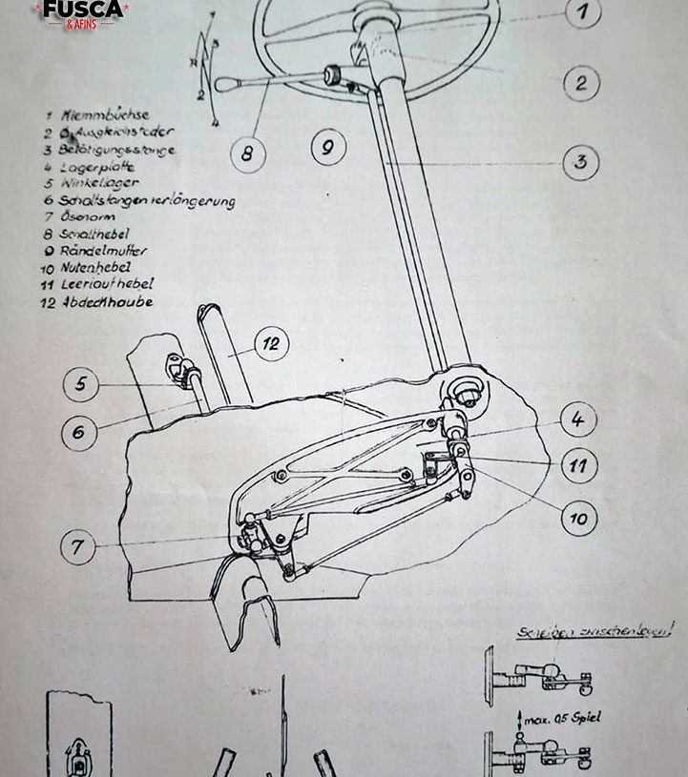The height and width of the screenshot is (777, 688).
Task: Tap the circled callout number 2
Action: (x=581, y=82)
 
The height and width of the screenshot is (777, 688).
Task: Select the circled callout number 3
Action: (x=580, y=161)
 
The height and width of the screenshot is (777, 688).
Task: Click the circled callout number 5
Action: (x=81, y=384)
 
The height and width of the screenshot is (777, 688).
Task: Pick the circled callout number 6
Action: (x=79, y=432)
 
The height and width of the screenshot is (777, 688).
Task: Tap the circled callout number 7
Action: (x=77, y=546)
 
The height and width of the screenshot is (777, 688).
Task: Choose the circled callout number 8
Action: (x=247, y=154)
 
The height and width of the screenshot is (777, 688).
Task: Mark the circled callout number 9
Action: (x=327, y=148)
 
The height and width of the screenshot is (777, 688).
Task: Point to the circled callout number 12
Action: (x=272, y=344)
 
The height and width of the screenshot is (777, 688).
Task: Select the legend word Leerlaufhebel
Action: (x=107, y=284)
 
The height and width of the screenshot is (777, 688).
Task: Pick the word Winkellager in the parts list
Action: (x=99, y=183)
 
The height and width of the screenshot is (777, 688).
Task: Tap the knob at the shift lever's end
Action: (x=222, y=85)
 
